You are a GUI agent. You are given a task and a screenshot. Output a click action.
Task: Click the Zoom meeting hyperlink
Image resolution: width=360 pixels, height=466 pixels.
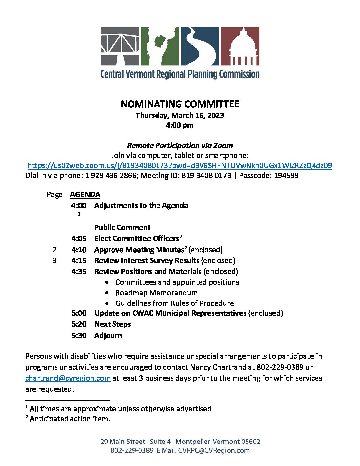coord(180,165)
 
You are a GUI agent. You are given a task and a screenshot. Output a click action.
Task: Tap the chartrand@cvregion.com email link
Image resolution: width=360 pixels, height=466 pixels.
coord(68,378)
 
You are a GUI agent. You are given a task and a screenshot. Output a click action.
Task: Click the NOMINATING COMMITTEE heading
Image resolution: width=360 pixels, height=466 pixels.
coord(180,104)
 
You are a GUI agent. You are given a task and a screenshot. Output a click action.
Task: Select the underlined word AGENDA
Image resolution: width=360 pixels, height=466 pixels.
coord(85,194)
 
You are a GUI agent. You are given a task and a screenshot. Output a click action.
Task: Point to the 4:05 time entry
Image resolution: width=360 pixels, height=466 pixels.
coord(79,238)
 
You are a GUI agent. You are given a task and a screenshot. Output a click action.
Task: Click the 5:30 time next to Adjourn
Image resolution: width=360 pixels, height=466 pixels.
coord(79,335)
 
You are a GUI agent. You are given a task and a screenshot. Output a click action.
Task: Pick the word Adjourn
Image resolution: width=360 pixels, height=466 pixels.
coord(108,335)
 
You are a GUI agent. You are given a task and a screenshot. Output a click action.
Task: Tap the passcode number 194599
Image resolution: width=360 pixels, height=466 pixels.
coord(286,175)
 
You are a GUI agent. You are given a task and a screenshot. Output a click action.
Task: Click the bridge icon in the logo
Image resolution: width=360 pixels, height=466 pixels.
coord(120,46)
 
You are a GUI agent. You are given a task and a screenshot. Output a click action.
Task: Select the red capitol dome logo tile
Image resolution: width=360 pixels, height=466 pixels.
coord(240,46)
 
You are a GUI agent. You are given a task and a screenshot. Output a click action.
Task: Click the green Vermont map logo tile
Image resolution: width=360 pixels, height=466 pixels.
coord(160,46)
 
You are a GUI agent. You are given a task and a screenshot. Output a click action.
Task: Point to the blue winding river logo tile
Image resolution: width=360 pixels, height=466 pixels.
coord(200,46)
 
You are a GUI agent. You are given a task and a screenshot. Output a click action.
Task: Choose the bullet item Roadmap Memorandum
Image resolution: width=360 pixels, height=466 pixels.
coord(156,293)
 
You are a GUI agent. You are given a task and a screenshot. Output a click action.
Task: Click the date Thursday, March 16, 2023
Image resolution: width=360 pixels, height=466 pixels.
coord(180,115)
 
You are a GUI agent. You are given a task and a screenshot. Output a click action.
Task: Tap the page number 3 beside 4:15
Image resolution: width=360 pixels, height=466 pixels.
coord(55,260)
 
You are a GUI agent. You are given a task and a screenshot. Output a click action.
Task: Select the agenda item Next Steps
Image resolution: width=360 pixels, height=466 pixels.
coord(112,324)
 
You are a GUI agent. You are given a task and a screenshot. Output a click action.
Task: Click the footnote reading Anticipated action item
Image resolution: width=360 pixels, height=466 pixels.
coord(70,419)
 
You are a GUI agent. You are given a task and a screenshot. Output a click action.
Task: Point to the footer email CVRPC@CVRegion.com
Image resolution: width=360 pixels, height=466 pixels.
coord(214,450)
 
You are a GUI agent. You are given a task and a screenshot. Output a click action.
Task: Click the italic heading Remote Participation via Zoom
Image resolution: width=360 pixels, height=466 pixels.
coord(180,145)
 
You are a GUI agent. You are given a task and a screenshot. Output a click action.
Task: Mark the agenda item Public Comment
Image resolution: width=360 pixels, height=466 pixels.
coord(122,227)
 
